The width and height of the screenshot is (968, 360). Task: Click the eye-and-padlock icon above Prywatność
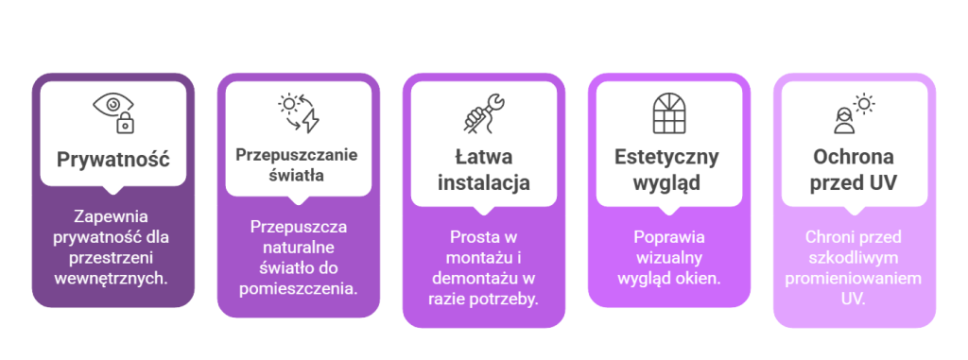pyautogui.click(x=113, y=111)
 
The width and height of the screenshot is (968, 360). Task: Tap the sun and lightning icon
pyautogui.click(x=299, y=112)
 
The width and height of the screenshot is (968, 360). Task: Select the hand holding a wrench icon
pyautogui.click(x=484, y=112)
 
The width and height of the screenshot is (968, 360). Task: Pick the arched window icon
pyautogui.click(x=669, y=112)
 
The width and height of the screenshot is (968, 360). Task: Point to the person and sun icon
pyautogui.click(x=853, y=112)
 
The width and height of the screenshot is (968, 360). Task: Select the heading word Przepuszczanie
pyautogui.click(x=298, y=155)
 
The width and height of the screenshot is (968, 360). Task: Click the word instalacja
pyautogui.click(x=484, y=181)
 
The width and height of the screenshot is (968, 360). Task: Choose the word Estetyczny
pyautogui.click(x=667, y=156)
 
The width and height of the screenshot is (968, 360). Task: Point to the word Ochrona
pyautogui.click(x=854, y=156)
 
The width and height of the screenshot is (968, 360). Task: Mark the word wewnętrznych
pyautogui.click(x=113, y=278)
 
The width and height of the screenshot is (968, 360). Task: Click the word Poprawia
pyautogui.click(x=668, y=237)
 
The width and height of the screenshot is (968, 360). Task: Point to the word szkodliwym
pyautogui.click(x=853, y=258)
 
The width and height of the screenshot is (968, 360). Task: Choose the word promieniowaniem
pyautogui.click(x=853, y=279)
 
